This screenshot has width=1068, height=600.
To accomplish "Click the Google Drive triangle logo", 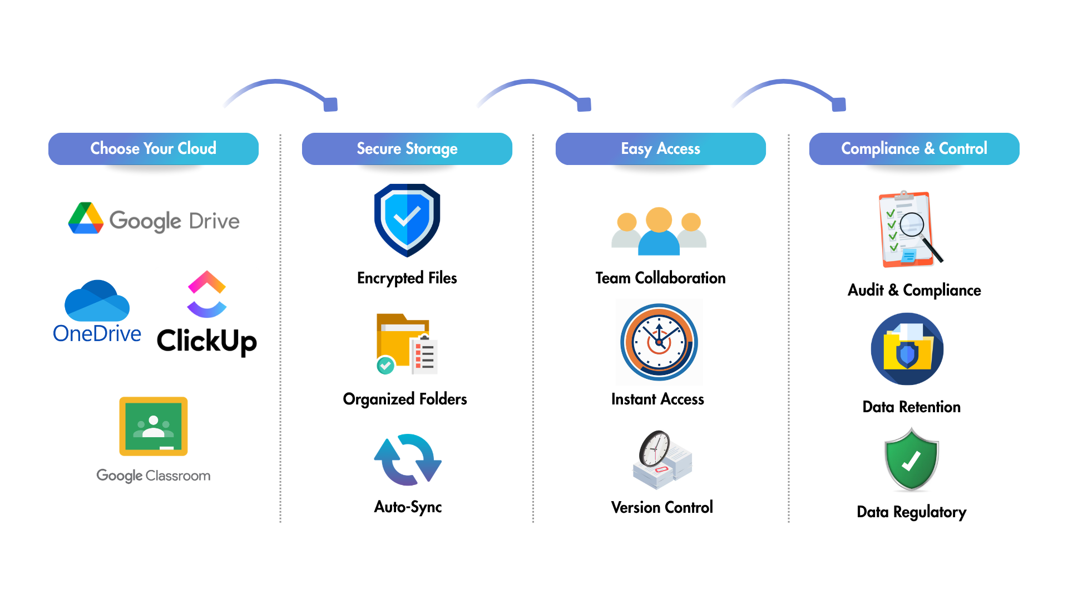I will click(x=86, y=218).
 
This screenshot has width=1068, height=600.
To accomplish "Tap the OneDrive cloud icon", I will click(x=97, y=301).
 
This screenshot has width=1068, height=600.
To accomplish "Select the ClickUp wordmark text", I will click(x=207, y=340).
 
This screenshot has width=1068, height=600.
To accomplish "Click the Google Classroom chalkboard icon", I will click(x=154, y=426).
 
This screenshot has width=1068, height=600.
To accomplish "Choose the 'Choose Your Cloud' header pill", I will click(x=154, y=149).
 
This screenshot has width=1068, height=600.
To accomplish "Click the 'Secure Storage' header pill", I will click(x=407, y=149).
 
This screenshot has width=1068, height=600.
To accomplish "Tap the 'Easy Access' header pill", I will click(x=661, y=149).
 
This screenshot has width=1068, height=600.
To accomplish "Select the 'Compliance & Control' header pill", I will click(x=914, y=149).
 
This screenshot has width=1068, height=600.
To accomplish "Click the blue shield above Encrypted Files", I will click(x=407, y=219).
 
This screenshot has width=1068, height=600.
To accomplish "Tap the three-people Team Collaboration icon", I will click(x=659, y=232).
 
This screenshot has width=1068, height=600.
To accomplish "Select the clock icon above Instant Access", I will click(x=659, y=342).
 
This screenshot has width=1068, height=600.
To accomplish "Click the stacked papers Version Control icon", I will click(x=662, y=460).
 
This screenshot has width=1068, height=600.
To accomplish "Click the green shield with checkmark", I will click(x=911, y=460).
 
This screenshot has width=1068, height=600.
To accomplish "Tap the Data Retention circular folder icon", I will click(x=907, y=349).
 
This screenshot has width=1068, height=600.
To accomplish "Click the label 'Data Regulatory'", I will click(x=912, y=512).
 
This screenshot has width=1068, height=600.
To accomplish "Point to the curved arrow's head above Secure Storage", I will click(x=330, y=104).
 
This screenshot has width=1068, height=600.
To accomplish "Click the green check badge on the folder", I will click(x=385, y=365).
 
